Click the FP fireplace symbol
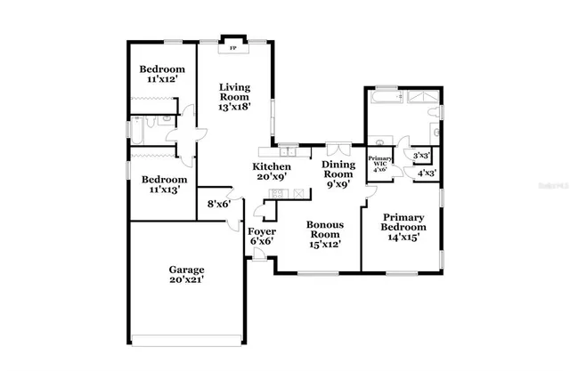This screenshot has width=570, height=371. [234, 46]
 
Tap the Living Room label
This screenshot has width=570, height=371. [236, 92]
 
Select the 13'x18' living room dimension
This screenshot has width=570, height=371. [236, 107]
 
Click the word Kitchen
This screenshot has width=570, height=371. [272, 167]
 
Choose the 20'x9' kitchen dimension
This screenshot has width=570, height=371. [272, 178]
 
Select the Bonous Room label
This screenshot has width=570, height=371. [325, 230]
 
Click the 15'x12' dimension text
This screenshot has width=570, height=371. [325, 243]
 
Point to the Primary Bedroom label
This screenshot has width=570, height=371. [404, 222]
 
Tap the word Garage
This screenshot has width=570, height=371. [187, 270]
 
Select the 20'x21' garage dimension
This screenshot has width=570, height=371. [187, 281]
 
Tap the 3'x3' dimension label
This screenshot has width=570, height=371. [420, 156]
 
